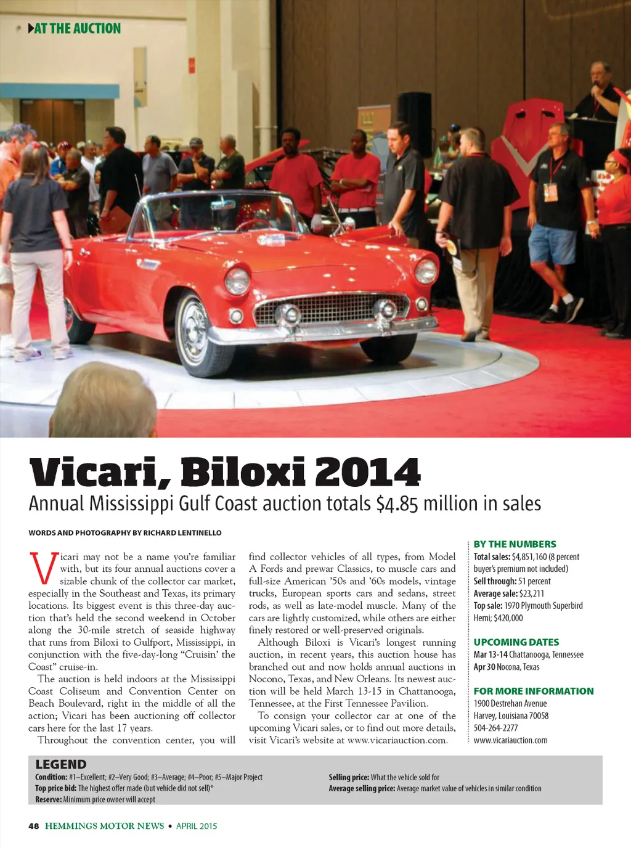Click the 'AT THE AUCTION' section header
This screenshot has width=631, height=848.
(x=76, y=28)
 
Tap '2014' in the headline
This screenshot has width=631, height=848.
(x=367, y=472)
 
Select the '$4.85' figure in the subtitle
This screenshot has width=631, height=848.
(x=397, y=504)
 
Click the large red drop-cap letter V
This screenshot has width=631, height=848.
(x=43, y=569)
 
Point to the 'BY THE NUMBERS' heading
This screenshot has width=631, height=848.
(x=515, y=544)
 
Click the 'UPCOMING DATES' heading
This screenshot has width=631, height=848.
(x=516, y=642)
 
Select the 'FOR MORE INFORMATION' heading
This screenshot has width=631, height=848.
(x=534, y=691)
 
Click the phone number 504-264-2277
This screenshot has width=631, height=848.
(x=495, y=728)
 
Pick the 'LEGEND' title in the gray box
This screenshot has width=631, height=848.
(x=61, y=765)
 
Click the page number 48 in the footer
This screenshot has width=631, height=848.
(x=34, y=826)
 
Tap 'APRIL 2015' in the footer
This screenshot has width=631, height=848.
(x=197, y=826)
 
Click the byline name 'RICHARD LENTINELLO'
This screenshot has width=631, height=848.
(x=182, y=532)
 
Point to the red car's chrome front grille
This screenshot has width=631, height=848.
(x=332, y=307)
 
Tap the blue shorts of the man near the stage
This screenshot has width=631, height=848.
(x=553, y=244)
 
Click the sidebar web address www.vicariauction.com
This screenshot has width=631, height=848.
(x=510, y=740)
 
